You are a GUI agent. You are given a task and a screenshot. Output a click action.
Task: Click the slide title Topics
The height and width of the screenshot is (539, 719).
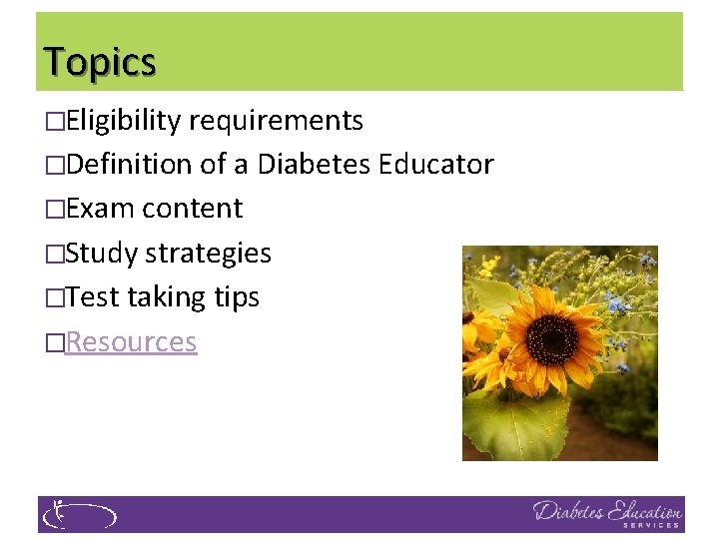click(100, 62)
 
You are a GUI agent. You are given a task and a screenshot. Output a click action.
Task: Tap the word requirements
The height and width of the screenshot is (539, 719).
click(276, 121)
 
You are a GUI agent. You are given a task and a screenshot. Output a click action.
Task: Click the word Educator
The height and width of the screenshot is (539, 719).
click(436, 165)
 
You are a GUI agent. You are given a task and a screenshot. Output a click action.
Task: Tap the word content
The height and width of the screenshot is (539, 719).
click(193, 209)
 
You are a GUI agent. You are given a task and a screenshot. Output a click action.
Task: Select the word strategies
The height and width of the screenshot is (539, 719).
click(209, 254)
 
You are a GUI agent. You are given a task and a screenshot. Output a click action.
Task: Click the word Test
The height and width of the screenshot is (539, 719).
click(94, 297)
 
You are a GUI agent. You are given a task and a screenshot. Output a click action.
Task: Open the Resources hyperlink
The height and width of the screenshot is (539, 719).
click(131, 342)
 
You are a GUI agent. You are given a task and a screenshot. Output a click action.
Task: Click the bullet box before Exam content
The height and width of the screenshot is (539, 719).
click(55, 210)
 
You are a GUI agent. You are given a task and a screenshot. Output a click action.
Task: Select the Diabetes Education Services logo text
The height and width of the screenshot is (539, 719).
click(607, 513)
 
